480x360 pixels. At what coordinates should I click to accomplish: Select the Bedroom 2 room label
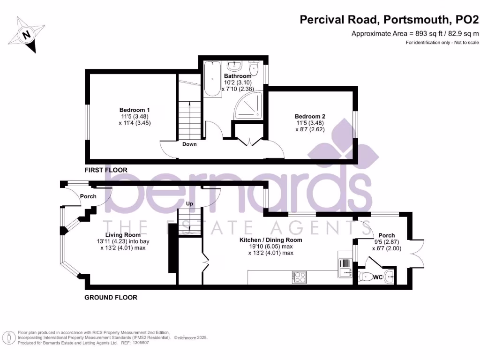310,116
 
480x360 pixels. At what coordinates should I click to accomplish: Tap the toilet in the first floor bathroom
254,69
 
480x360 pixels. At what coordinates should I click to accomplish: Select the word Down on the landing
189,144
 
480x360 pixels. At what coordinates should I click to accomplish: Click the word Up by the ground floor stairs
190,204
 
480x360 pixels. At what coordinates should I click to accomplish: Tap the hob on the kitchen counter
299,277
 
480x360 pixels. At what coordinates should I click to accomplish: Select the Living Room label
123,235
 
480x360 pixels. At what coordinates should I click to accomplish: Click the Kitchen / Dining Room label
270,240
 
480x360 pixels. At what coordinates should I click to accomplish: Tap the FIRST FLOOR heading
105,170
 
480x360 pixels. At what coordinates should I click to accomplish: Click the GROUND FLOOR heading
111,297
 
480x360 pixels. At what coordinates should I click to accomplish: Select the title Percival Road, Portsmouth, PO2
390,20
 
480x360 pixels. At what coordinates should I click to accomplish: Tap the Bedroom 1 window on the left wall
87,121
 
